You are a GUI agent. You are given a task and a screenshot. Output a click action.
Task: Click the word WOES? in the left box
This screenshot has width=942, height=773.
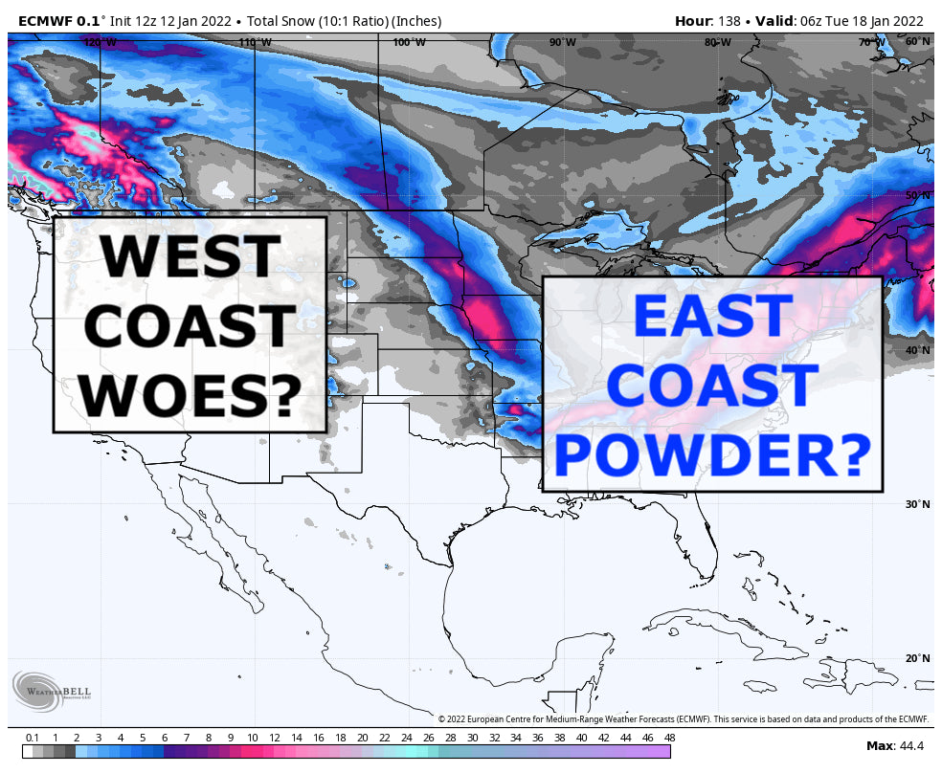tap(189, 393)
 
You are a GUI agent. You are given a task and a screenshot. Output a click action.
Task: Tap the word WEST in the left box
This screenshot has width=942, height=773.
tap(189, 255)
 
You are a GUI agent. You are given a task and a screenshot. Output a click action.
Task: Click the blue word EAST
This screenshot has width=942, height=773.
tap(712, 317)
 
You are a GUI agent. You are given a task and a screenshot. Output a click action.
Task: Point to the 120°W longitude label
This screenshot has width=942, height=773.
tap(100, 42)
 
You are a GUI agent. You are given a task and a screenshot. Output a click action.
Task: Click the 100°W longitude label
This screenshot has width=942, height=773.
tap(409, 42)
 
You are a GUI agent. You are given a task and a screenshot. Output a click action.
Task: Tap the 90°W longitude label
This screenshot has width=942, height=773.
tap(563, 42)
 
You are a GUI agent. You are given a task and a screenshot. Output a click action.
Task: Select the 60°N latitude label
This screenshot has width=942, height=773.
tap(917, 42)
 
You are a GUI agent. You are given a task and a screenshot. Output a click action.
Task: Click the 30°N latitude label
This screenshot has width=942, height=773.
tap(917, 504)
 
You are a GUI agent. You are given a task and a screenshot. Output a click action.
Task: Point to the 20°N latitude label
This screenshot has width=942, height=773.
tap(917, 658)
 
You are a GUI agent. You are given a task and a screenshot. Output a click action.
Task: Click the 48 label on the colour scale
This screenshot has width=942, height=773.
tap(668, 738)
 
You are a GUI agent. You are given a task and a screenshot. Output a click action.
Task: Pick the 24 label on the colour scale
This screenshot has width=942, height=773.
tap(406, 738)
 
